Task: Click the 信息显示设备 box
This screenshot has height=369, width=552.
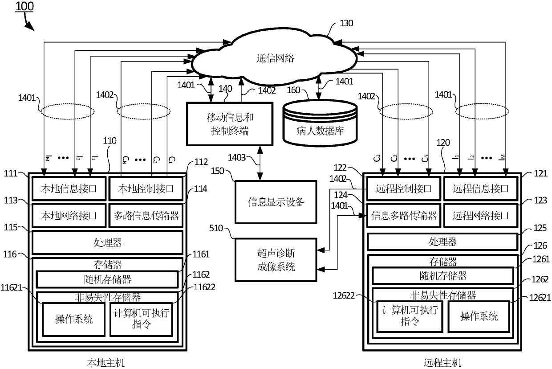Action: pos(276,201)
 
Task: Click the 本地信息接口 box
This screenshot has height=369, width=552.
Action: pos(69,189)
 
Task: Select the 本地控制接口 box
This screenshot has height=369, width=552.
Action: pos(146,189)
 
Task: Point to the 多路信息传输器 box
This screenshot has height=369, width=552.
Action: pos(146,216)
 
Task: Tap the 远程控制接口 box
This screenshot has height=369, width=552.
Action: pos(404,189)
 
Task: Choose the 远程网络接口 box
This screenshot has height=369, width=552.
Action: pos(481,216)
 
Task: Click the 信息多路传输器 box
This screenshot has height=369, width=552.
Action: pos(404,216)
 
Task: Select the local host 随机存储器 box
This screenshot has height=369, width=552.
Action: pos(107,279)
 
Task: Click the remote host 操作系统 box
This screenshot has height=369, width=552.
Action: pos(479,316)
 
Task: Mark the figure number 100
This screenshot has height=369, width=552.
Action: pos(24,7)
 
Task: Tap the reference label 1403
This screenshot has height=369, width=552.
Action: pos(236,157)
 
